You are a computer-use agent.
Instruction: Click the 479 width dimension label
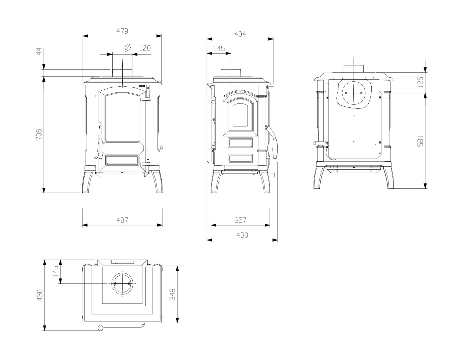pos(122,31)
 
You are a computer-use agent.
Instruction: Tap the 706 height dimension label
pos(39,134)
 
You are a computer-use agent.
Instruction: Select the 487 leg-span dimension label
pos(122,220)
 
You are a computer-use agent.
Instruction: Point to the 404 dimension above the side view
pos(240,34)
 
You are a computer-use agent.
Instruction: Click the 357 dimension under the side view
pos(240,220)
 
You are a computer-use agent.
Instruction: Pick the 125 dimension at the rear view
pos(420,82)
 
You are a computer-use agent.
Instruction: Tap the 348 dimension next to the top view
pos(172,294)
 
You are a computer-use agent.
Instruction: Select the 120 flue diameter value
pos(145,48)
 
